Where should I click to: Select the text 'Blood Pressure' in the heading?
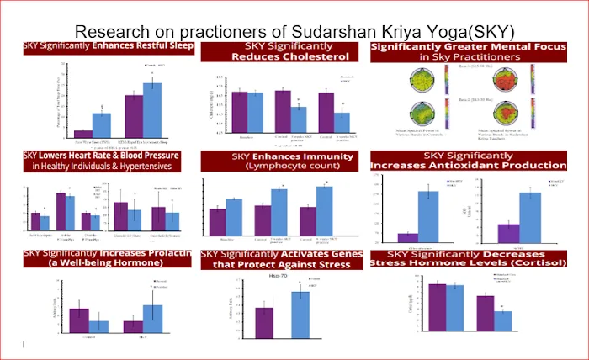[151, 156]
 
